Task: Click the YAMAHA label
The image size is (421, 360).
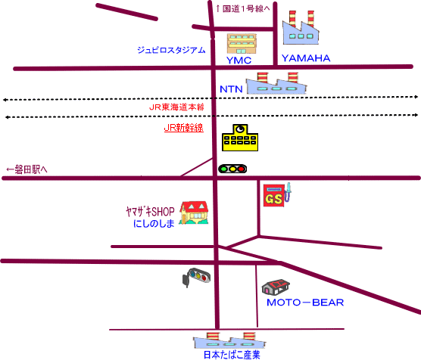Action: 306,58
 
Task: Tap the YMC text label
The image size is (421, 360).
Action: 239,61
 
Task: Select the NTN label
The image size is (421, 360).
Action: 231,89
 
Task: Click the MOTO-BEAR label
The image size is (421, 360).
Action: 305,303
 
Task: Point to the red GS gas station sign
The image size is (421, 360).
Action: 273,195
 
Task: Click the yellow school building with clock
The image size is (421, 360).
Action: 240,138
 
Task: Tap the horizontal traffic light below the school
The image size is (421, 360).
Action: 232,169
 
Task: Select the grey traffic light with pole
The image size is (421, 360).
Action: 196,277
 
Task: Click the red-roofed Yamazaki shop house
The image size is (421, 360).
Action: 194,213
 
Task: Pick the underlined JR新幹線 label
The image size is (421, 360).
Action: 184,128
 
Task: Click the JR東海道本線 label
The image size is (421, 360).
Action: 176,107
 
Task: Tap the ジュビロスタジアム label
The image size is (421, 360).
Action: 171,50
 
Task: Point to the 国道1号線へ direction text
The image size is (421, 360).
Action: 243,9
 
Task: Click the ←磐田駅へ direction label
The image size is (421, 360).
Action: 27,169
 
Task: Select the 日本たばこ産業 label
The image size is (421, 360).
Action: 232,355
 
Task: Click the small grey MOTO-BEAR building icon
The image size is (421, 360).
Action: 276,287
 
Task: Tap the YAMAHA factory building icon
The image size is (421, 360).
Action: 301,28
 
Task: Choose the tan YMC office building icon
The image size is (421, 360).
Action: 242,44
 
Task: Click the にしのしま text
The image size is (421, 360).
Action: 154,223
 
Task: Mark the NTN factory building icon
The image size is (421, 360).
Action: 276,83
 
